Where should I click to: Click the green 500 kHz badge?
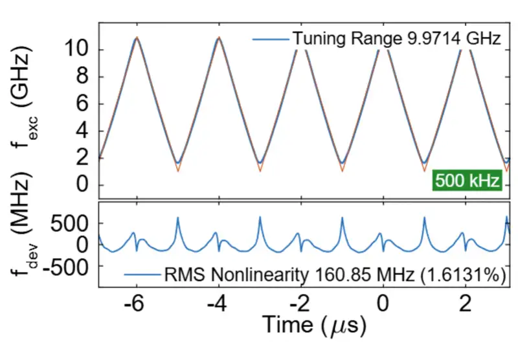click(467, 180)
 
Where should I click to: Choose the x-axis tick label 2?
click(465, 303)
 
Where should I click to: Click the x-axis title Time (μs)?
click(311, 324)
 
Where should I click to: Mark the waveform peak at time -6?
click(136, 39)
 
